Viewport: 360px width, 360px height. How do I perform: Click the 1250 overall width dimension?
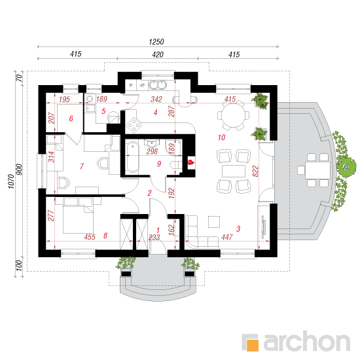click(x=156, y=42)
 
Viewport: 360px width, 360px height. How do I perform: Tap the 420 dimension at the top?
click(x=158, y=54)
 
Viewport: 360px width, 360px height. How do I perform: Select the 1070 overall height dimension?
click(x=11, y=181)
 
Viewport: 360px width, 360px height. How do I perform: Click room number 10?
click(x=221, y=137)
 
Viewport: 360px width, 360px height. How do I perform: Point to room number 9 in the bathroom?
click(x=159, y=164)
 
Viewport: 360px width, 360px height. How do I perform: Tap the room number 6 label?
click(x=71, y=118)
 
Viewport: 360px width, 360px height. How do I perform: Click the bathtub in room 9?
click(x=132, y=157)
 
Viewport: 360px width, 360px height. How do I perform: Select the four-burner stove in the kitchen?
click(x=134, y=125)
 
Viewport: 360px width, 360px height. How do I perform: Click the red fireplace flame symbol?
click(x=191, y=162)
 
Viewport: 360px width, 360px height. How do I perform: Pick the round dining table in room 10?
click(x=234, y=115)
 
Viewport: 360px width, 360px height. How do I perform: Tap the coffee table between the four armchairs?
click(x=234, y=171)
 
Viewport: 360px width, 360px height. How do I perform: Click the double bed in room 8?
click(x=78, y=216)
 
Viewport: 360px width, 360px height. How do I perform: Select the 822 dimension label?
click(x=255, y=171)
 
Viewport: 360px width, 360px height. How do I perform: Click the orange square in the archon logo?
click(x=253, y=345)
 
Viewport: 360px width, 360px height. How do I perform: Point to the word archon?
click(x=307, y=342)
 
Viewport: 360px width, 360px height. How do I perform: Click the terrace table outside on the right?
click(x=317, y=170)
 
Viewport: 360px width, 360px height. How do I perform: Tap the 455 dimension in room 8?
click(x=90, y=237)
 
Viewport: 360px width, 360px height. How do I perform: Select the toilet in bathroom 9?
click(x=176, y=165)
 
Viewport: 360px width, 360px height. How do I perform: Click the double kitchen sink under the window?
click(x=158, y=84)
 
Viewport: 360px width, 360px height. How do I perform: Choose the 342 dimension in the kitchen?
click(x=156, y=99)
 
